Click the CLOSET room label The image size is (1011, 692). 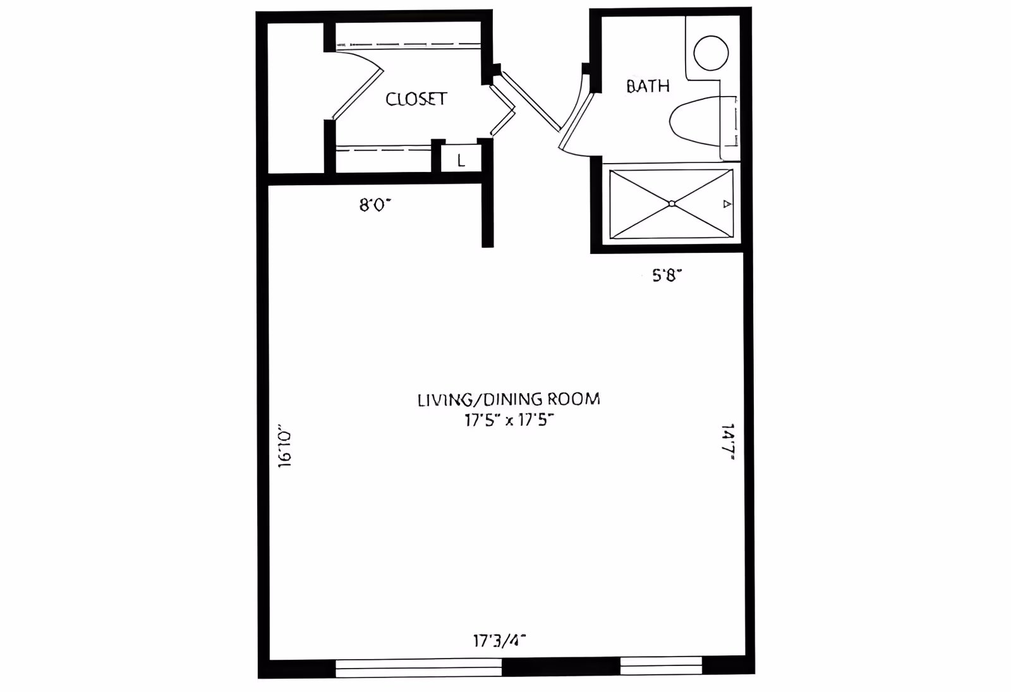tap(416, 99)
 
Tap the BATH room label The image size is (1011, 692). tap(648, 86)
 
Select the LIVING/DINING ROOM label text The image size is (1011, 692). tap(509, 399)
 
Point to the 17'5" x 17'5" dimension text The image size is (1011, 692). tap(509, 420)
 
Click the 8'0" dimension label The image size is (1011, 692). tap(375, 205)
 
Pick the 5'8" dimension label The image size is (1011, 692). tap(667, 275)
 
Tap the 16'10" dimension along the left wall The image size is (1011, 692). tap(285, 446)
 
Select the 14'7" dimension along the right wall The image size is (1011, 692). tap(728, 442)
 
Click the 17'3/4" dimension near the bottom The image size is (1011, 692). tap(500, 640)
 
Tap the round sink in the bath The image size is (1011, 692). tap(711, 53)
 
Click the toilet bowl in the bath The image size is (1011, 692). tap(695, 121)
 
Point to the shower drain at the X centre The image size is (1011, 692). tap(672, 203)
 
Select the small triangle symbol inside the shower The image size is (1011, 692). tap(727, 204)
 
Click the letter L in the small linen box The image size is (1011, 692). tap(461, 161)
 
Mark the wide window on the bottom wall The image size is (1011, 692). tap(418, 667)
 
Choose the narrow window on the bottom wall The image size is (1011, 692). tap(661, 665)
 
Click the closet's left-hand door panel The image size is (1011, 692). tap(358, 95)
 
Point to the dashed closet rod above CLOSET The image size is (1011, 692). tap(408, 45)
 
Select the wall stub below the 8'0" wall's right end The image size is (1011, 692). tap(487, 215)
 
